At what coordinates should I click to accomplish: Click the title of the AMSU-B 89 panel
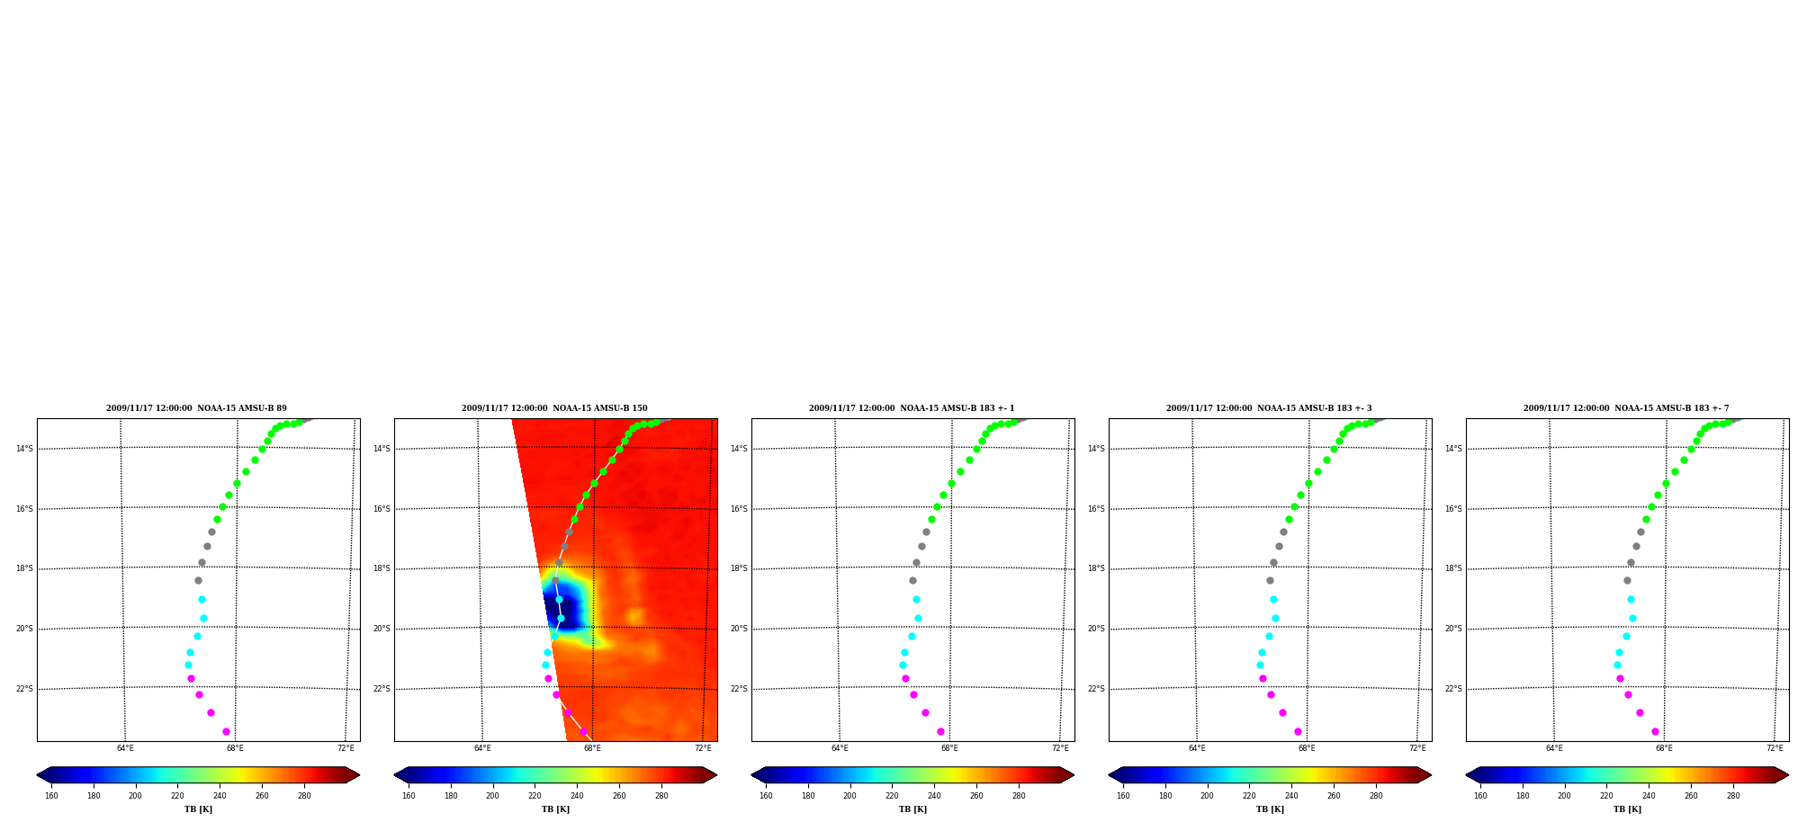click(x=196, y=408)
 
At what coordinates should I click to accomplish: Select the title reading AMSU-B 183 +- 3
click(x=1269, y=408)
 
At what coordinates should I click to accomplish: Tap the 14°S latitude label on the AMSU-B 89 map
click(x=24, y=449)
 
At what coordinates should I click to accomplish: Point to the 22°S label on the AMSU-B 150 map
click(x=382, y=689)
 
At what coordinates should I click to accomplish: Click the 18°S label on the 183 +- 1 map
click(x=739, y=568)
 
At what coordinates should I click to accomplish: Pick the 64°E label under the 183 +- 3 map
click(x=1197, y=748)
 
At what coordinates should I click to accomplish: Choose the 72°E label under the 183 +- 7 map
click(x=1775, y=748)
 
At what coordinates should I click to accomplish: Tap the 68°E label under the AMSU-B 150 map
click(x=592, y=748)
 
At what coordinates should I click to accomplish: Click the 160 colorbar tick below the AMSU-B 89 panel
click(x=51, y=796)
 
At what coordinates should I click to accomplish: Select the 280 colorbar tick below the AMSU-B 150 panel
click(x=661, y=796)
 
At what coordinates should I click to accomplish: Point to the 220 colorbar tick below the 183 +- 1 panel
click(x=892, y=796)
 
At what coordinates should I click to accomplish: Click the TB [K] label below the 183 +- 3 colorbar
click(x=1270, y=809)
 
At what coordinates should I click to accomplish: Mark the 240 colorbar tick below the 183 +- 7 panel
click(x=1649, y=796)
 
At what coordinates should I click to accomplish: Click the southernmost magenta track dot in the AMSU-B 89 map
click(x=226, y=731)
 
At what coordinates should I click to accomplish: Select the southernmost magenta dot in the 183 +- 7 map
click(x=1655, y=731)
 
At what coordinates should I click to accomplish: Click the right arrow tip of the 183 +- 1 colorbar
click(x=1074, y=775)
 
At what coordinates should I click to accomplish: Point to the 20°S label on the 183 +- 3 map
click(x=1096, y=629)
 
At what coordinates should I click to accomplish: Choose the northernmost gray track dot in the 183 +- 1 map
click(x=926, y=532)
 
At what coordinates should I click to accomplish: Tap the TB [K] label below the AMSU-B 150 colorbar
click(x=555, y=809)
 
